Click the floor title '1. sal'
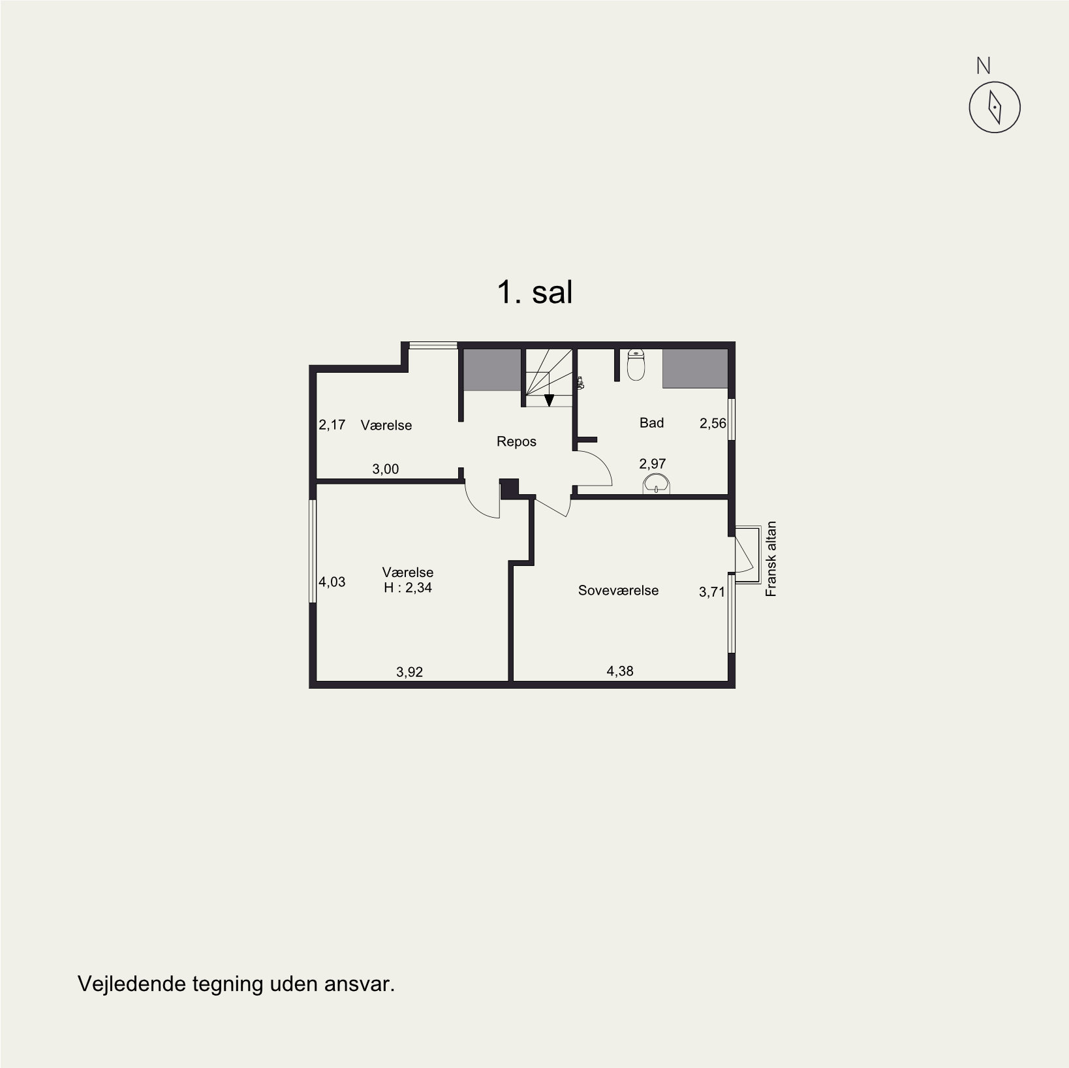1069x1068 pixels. click(535, 292)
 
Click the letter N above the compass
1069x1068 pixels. click(984, 66)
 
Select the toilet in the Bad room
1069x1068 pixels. click(636, 365)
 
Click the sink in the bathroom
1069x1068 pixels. click(656, 484)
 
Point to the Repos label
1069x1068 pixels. click(516, 442)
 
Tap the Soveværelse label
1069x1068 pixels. click(618, 591)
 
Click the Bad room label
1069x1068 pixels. click(651, 423)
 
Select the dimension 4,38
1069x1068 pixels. click(620, 671)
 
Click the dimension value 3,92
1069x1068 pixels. click(410, 672)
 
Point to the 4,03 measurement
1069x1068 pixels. click(332, 582)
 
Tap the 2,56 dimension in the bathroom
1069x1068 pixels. click(713, 424)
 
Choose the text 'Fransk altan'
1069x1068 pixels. click(771, 559)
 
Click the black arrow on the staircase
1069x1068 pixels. click(549, 400)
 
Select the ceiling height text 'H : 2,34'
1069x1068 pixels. click(408, 588)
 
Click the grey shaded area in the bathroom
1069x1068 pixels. click(695, 369)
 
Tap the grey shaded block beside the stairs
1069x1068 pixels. click(492, 370)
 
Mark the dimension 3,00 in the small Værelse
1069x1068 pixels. click(386, 469)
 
